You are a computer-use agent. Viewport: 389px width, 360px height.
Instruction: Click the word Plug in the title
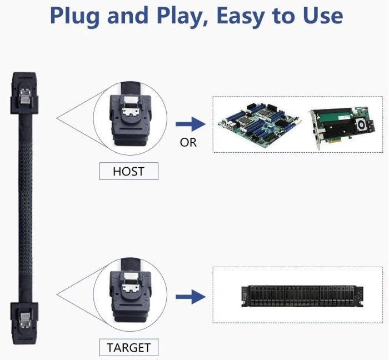[74, 16]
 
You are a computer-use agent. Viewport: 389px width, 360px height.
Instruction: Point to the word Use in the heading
[323, 16]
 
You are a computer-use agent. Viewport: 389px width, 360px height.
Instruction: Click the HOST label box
[129, 171]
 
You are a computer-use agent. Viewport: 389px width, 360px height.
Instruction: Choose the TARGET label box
[129, 347]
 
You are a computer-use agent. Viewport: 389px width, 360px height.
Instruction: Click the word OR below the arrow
[188, 143]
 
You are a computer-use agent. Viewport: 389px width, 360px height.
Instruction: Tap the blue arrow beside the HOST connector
[191, 124]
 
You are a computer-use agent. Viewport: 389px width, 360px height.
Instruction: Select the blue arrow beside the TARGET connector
[191, 297]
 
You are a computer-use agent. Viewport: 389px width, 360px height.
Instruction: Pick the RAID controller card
[342, 127]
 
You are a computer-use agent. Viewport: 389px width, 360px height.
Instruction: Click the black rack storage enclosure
[302, 297]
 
